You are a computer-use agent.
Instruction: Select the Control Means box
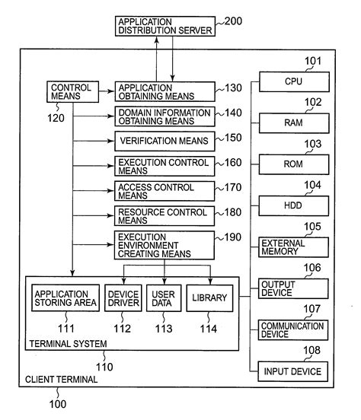pyautogui.click(x=70, y=91)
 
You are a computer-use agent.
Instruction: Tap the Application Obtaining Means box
pyautogui.click(x=164, y=91)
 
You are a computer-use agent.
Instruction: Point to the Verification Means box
pyautogui.click(x=164, y=140)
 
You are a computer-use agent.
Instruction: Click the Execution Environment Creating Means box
pyautogui.click(x=164, y=245)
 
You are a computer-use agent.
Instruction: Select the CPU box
pyautogui.click(x=294, y=81)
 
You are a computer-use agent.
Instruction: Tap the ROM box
pyautogui.click(x=294, y=164)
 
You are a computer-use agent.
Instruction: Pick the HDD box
pyautogui.click(x=294, y=205)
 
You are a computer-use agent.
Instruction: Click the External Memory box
pyautogui.click(x=294, y=247)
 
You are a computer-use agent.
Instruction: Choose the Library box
pyautogui.click(x=208, y=297)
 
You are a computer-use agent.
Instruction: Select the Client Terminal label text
pyautogui.click(x=61, y=379)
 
